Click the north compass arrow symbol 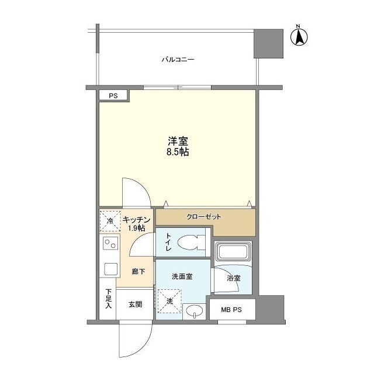(299, 36)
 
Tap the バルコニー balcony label (178, 60)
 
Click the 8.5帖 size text (178, 152)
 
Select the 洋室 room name (178, 141)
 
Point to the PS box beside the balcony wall (113, 96)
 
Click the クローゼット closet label (204, 217)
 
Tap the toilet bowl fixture (191, 243)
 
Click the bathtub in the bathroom (233, 252)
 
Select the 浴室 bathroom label (234, 278)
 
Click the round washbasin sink (195, 311)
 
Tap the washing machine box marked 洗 (169, 301)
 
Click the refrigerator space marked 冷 (110, 221)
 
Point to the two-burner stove (110, 243)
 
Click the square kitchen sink (110, 269)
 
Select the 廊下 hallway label (138, 272)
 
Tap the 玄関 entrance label (136, 304)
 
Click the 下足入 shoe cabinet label (109, 299)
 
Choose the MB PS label (231, 310)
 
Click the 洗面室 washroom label (182, 276)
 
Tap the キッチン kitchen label (136, 220)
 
